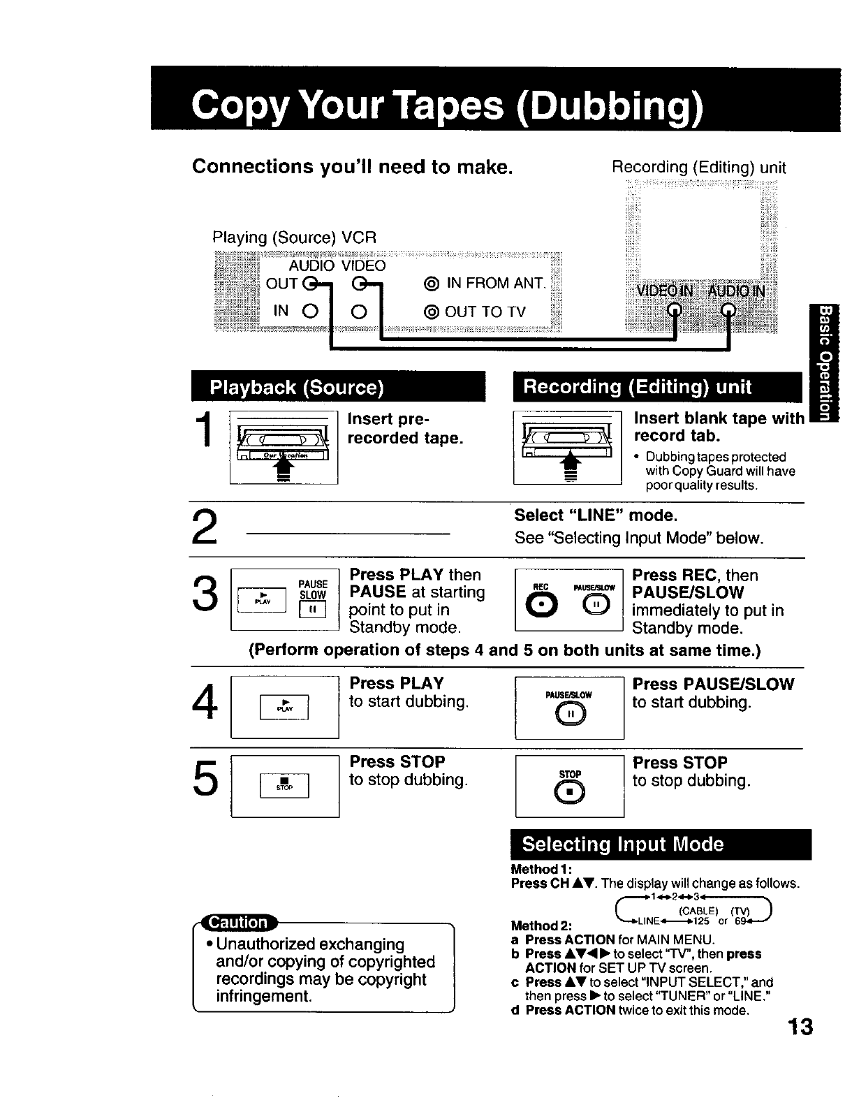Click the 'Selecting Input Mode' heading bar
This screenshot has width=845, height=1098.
point(661,844)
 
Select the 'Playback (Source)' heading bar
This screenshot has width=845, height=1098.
point(338,387)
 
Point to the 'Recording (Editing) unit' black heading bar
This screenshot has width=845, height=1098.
point(658,387)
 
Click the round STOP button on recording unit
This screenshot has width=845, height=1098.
point(570,790)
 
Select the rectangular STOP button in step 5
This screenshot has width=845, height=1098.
point(284,784)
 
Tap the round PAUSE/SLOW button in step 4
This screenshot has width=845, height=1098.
point(570,712)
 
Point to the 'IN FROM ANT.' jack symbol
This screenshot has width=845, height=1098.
point(431,284)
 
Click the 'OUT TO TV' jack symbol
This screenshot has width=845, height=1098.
point(431,312)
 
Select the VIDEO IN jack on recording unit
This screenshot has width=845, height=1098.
point(674,310)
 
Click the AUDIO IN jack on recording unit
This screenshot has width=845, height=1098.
point(728,310)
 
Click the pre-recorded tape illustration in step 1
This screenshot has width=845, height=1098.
point(284,448)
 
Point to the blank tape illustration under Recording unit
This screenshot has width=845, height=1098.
point(567,448)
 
